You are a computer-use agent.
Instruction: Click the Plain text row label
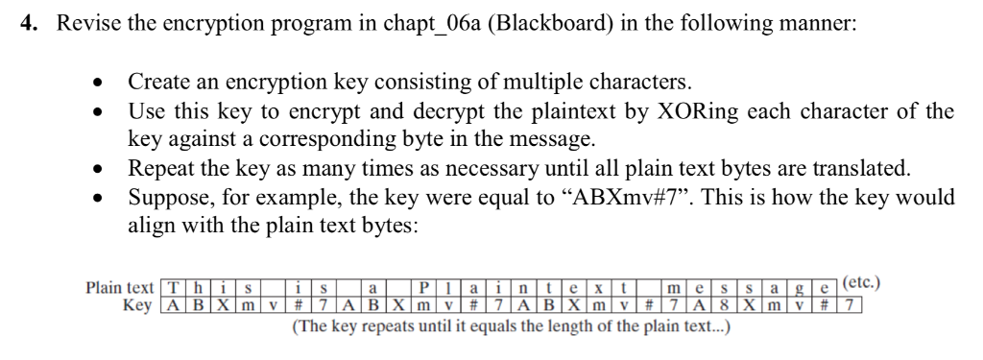pos(119,287)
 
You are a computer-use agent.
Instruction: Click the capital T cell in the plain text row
pos(173,288)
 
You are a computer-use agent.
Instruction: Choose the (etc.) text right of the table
pos(860,284)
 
